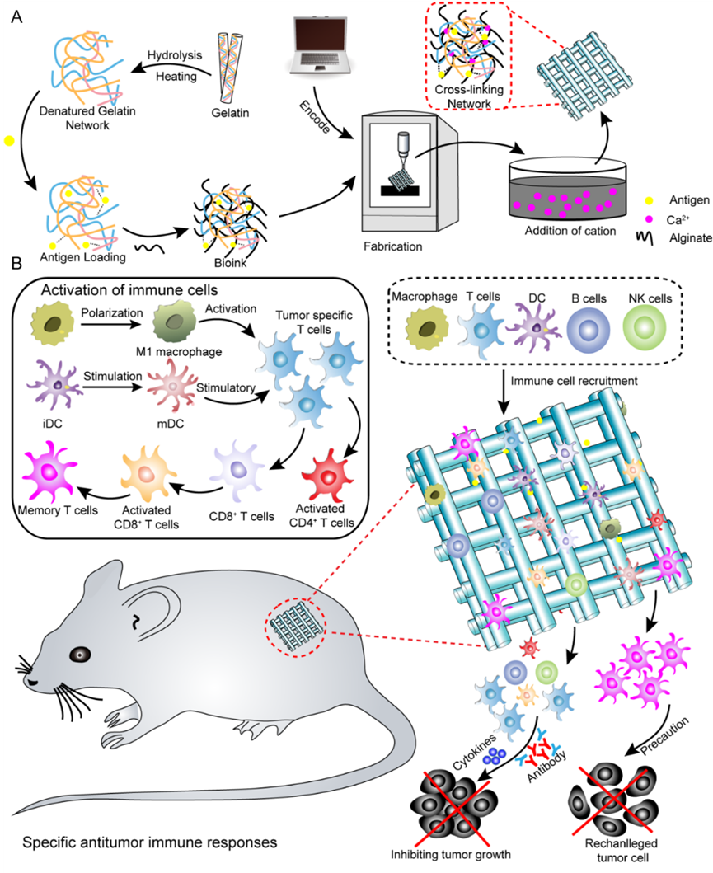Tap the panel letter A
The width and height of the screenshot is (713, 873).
(x=16, y=16)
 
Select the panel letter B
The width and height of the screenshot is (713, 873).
(x=16, y=262)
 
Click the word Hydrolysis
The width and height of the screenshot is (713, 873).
(x=174, y=55)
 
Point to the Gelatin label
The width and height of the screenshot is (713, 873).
(x=230, y=113)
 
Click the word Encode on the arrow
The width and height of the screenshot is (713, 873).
(x=314, y=117)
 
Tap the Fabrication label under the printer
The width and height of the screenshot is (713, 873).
(x=393, y=246)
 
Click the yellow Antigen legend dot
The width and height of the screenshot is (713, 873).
(x=649, y=199)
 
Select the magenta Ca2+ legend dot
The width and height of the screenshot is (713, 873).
(x=649, y=218)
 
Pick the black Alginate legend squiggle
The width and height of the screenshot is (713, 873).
(x=645, y=237)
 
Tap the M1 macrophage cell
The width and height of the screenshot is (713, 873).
(x=174, y=322)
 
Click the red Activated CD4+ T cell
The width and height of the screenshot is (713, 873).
(x=326, y=475)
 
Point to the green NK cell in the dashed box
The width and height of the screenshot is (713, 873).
(x=645, y=328)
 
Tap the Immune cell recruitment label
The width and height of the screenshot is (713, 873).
(x=574, y=381)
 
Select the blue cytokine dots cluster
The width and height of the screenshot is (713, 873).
(x=495, y=755)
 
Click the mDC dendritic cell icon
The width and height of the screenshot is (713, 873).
(x=173, y=386)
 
